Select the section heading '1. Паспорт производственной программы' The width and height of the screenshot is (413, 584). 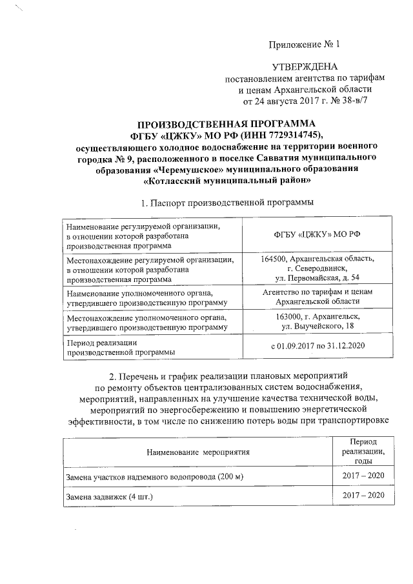227,203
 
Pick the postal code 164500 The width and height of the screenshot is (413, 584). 275,259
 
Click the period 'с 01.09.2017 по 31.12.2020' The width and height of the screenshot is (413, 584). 316,347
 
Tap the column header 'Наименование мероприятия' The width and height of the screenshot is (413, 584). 197,452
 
